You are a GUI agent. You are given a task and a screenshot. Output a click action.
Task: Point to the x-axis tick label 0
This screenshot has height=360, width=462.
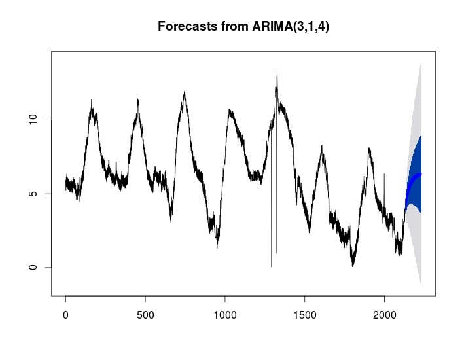65,315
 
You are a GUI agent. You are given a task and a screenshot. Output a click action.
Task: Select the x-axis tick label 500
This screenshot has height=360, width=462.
145,315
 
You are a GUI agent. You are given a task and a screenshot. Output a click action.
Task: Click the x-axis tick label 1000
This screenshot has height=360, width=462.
224,315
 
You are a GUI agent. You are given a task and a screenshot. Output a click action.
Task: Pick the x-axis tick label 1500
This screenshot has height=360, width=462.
304,315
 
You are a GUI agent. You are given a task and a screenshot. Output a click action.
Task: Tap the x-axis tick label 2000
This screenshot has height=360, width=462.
384,315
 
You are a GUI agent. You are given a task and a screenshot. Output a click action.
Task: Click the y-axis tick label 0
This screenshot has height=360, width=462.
38,268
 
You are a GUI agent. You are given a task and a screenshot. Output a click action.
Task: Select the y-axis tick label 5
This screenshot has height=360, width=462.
38,194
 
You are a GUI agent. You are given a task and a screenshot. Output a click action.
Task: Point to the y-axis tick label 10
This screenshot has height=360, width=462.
38,120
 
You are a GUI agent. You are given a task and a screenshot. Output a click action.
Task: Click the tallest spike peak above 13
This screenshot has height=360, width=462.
277,73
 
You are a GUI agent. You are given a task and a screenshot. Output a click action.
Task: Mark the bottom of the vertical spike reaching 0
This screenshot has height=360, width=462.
272,266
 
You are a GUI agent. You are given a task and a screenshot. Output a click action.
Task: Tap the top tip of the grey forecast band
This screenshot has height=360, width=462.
420,63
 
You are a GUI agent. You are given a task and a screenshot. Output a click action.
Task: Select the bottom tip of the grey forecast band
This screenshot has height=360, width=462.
420,286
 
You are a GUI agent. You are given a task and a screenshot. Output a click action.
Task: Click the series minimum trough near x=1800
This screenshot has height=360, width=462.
352,264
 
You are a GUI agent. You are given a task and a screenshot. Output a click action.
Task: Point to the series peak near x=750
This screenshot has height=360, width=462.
185,93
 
